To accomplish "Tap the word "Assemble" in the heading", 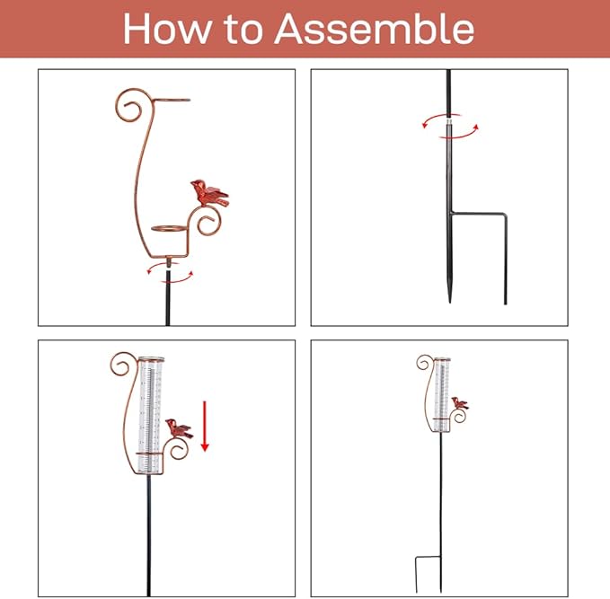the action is (x=375, y=29).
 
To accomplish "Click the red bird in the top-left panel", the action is (x=209, y=193).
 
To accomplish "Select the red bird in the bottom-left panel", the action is (x=179, y=428).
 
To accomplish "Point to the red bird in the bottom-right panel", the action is (x=460, y=403).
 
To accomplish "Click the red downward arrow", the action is (x=205, y=427).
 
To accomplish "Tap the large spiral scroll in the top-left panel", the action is (x=129, y=104).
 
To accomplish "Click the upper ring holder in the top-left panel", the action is (x=172, y=101).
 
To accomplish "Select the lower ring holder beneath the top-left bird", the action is (x=169, y=228).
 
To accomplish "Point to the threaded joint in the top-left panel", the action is (x=169, y=263).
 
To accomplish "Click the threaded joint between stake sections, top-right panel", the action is (x=449, y=122).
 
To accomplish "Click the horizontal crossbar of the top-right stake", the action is (x=479, y=213).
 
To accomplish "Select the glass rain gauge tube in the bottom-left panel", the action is (x=150, y=416).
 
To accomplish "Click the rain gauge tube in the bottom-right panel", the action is (x=442, y=394).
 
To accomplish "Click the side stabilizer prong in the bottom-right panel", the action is (x=417, y=575).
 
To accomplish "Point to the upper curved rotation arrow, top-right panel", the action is (x=441, y=117).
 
